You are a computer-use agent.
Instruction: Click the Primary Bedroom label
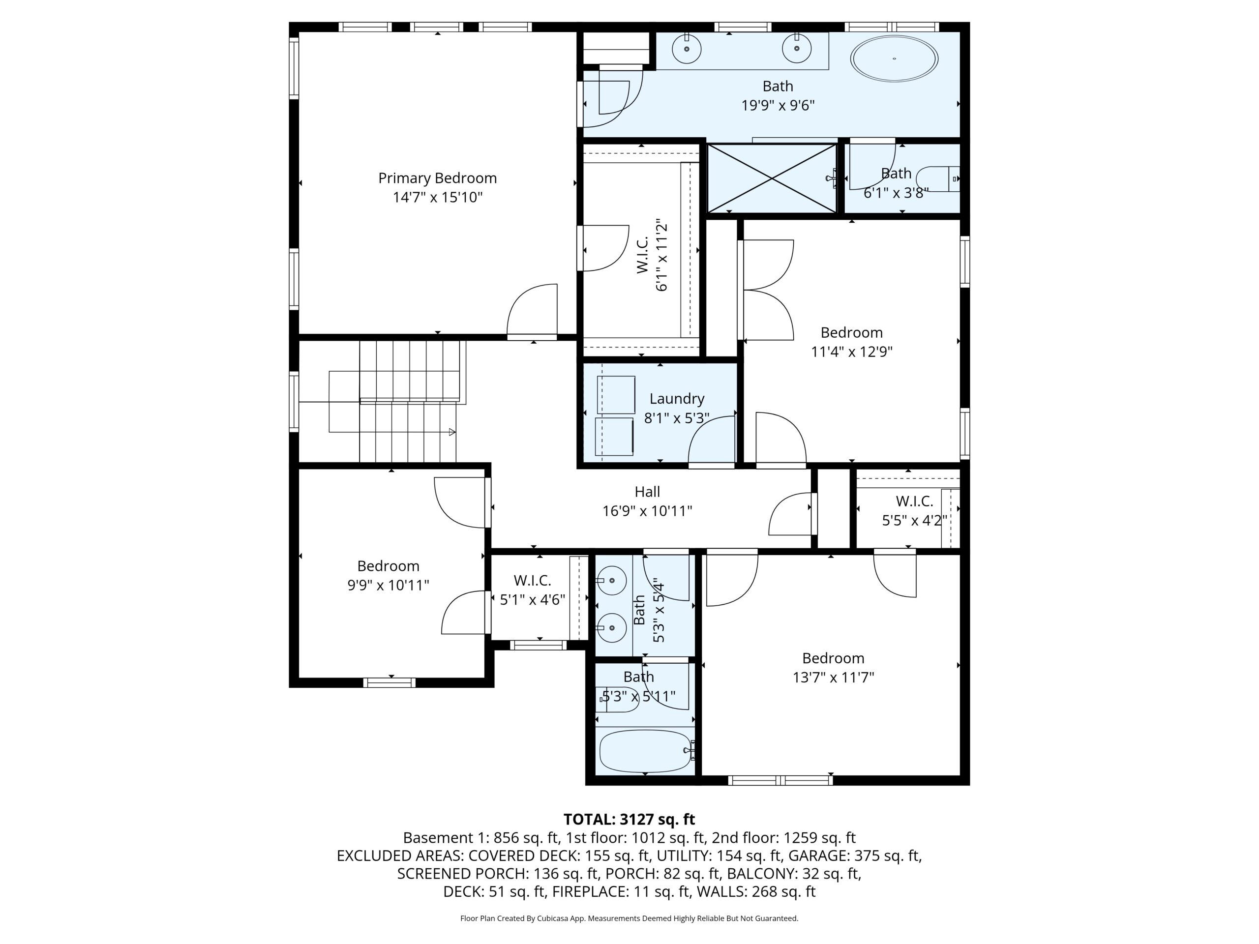(437, 178)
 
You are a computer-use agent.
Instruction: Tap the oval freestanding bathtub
(894, 59)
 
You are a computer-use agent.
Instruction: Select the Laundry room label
(677, 399)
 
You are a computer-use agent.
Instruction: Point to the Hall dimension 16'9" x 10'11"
(647, 511)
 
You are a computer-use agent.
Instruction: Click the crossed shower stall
(772, 178)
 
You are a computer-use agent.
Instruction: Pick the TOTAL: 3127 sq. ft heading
(629, 819)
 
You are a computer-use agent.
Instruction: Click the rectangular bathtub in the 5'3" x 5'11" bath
(645, 751)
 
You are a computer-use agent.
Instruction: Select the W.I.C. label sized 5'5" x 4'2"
(914, 501)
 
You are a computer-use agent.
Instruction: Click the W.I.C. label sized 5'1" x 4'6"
(532, 580)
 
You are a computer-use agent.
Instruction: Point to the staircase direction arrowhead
(452, 432)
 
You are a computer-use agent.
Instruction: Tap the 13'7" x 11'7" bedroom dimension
(833, 677)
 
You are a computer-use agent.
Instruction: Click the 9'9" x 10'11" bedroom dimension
(388, 585)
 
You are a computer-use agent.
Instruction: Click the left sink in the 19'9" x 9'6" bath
(687, 49)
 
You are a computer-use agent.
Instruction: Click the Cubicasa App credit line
(629, 918)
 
